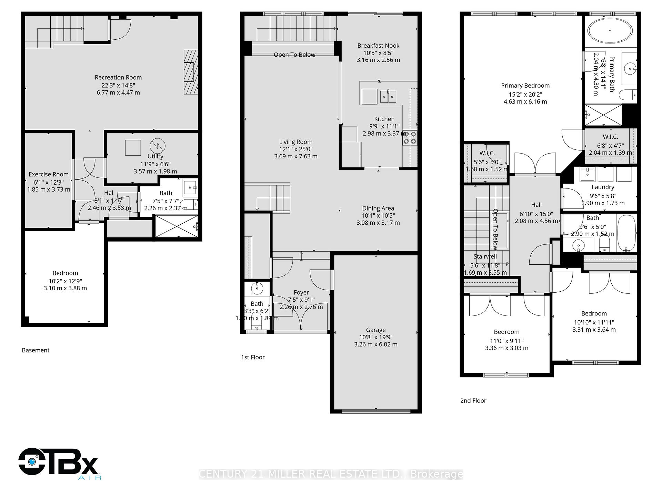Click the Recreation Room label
[x=118, y=78]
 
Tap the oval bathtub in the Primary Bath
[x=610, y=31]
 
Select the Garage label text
[x=375, y=330]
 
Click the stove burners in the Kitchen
[x=410, y=138]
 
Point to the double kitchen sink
[x=388, y=96]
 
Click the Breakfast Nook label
[x=378, y=46]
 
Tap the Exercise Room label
[x=49, y=174]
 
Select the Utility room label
[x=155, y=156]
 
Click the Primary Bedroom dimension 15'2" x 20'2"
[x=525, y=94]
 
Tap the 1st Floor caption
[x=253, y=357]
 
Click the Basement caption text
[x=36, y=350]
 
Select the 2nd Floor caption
[x=473, y=401]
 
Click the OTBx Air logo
[x=59, y=462]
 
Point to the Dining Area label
[x=378, y=208]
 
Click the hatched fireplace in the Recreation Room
[x=191, y=72]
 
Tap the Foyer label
[x=301, y=292]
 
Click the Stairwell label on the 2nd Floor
[x=485, y=256]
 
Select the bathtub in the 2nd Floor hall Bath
[x=626, y=232]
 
